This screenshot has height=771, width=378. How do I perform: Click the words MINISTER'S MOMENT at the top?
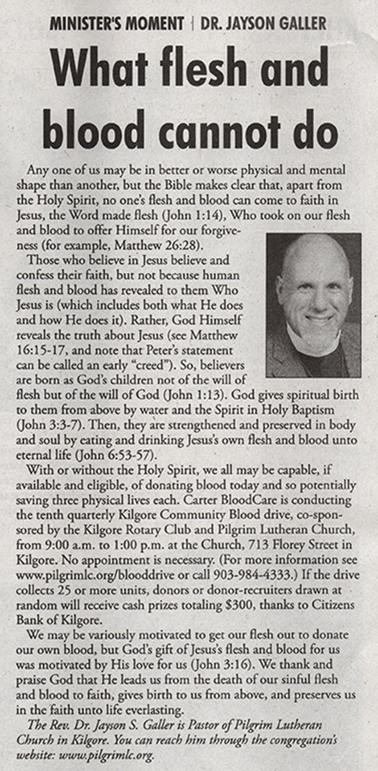[x=117, y=23]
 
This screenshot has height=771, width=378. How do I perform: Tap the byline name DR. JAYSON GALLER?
[x=263, y=23]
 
